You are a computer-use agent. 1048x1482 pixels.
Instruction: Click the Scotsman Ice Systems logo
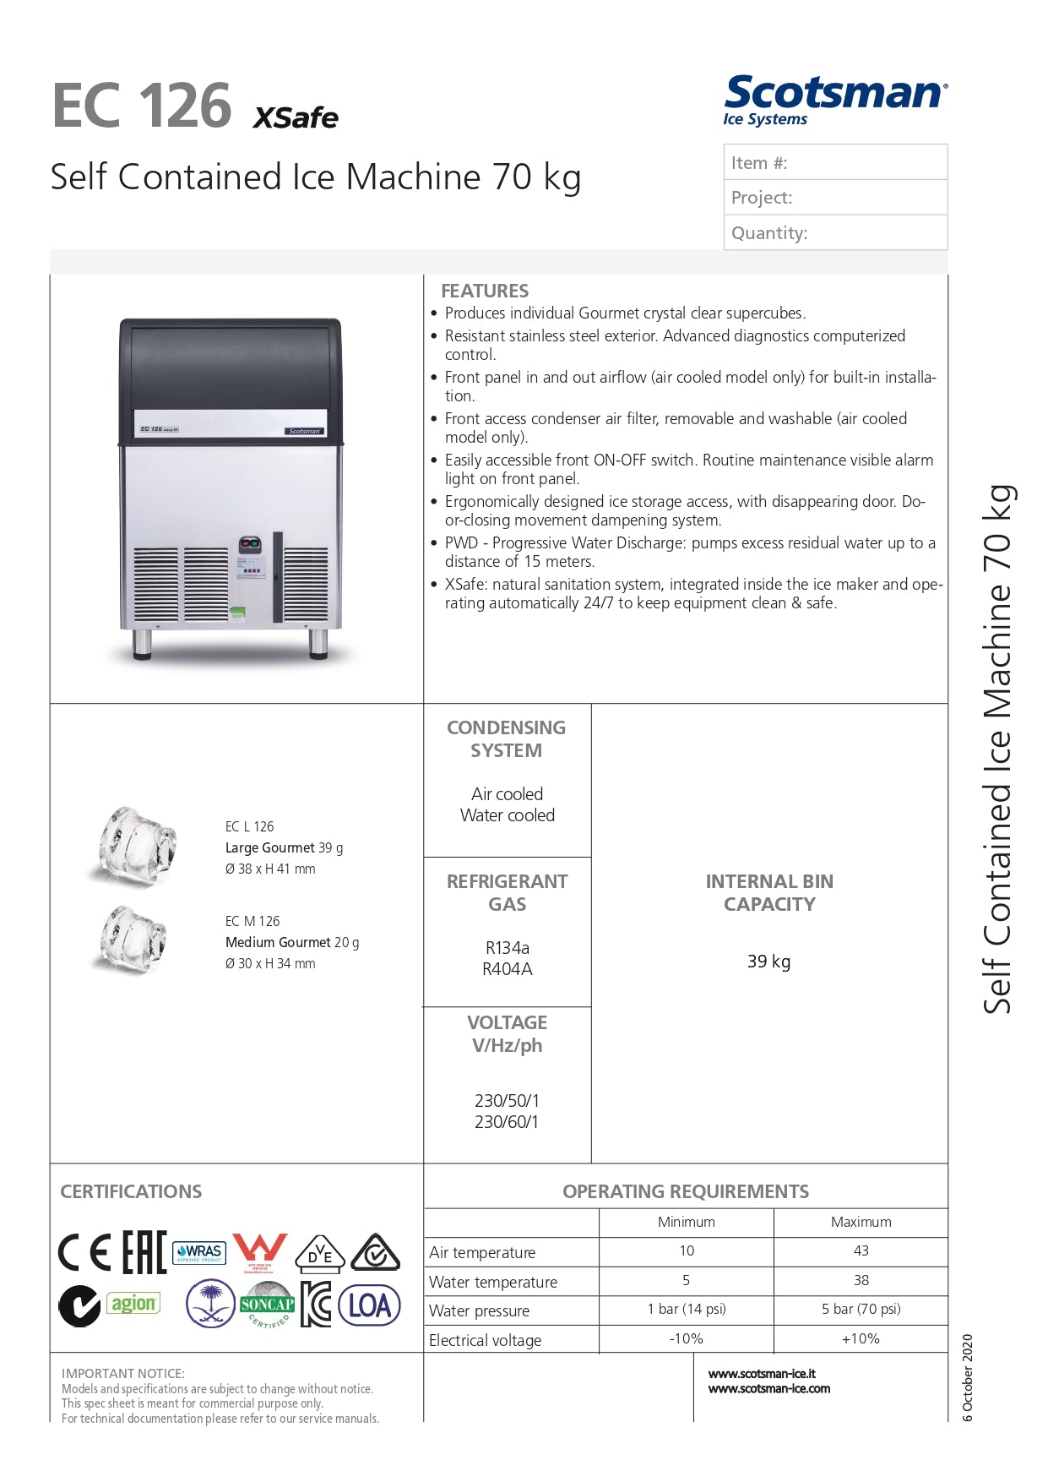click(x=834, y=101)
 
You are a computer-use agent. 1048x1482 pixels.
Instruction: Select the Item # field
click(x=834, y=162)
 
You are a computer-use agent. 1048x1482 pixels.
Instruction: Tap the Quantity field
click(x=834, y=232)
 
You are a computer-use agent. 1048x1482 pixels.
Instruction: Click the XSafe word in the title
click(x=296, y=117)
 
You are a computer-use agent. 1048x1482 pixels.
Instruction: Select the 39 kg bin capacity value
click(x=768, y=962)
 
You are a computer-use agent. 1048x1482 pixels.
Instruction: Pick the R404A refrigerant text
click(x=507, y=969)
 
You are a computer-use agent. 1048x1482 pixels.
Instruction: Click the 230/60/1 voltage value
click(x=507, y=1122)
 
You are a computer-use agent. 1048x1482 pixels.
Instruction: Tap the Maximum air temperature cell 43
click(x=861, y=1250)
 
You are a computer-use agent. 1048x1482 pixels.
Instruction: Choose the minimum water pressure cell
click(x=686, y=1309)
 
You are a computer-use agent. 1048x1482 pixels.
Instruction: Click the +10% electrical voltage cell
click(x=861, y=1338)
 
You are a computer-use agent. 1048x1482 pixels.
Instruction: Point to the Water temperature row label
click(x=493, y=1282)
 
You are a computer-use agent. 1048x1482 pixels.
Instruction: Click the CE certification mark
click(x=84, y=1252)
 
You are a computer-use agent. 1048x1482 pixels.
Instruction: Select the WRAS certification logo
click(x=198, y=1252)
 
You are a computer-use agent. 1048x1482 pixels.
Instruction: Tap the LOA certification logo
click(x=369, y=1305)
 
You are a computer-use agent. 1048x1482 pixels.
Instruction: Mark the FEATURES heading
click(x=485, y=291)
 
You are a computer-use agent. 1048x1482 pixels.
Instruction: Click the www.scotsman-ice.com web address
click(x=768, y=1388)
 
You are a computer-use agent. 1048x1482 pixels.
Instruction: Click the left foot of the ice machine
click(x=142, y=644)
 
